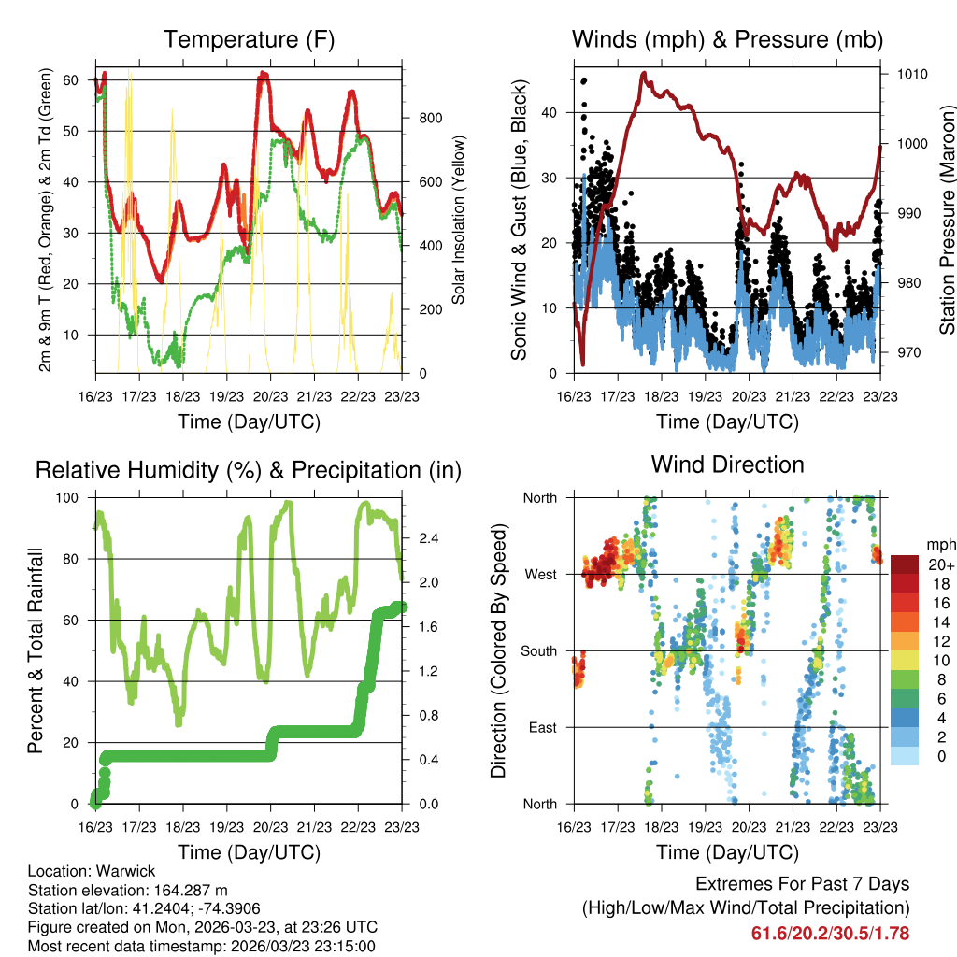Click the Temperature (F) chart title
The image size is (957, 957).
(x=249, y=39)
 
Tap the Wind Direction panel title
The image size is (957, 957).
(x=727, y=464)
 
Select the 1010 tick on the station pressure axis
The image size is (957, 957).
(x=910, y=74)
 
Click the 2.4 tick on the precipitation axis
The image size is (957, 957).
(x=428, y=539)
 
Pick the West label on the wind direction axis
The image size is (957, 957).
(x=540, y=574)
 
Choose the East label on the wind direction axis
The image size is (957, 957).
(x=541, y=727)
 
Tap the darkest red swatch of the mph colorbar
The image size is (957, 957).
(x=904, y=564)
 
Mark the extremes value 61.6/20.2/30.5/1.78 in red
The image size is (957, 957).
(x=830, y=933)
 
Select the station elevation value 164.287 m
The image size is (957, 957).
(x=183, y=890)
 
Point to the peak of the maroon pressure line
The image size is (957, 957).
(x=644, y=73)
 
